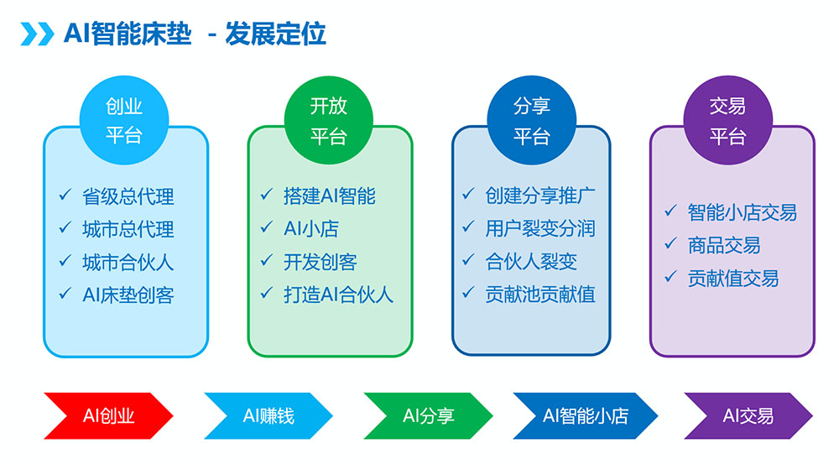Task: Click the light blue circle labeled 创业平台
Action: click(124, 120)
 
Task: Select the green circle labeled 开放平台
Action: click(329, 120)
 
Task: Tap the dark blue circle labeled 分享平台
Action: click(531, 120)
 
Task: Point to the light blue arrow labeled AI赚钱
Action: click(268, 415)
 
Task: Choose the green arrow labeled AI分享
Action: click(428, 415)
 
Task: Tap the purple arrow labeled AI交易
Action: click(748, 415)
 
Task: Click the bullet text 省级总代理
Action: click(128, 196)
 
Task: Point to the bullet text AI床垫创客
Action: click(128, 295)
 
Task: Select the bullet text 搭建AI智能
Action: click(330, 196)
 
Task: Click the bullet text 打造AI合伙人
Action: click(338, 295)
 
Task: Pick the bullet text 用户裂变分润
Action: click(540, 228)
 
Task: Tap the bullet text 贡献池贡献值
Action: click(540, 295)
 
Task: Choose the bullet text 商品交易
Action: click(724, 245)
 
